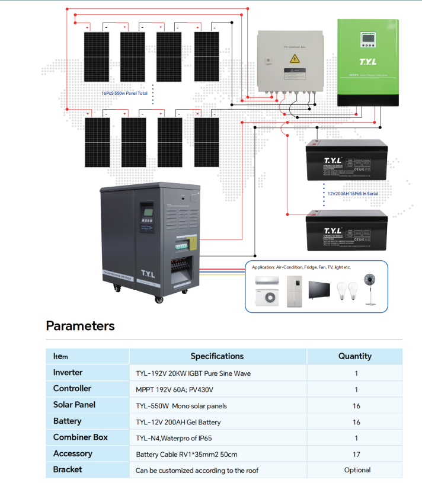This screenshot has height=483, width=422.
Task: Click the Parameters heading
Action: (x=80, y=325)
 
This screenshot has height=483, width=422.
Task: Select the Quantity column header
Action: (x=354, y=356)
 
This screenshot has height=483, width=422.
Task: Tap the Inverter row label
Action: (x=68, y=373)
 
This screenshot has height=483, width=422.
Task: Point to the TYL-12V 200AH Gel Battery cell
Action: (x=178, y=422)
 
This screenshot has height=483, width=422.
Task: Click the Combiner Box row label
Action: (x=80, y=437)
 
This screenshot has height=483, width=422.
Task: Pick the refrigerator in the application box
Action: (x=295, y=290)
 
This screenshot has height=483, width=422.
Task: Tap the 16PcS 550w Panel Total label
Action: (x=125, y=93)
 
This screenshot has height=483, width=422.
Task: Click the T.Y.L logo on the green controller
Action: (x=367, y=61)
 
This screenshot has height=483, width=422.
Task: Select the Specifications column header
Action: (x=217, y=356)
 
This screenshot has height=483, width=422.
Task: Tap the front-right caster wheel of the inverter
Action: (x=159, y=299)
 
